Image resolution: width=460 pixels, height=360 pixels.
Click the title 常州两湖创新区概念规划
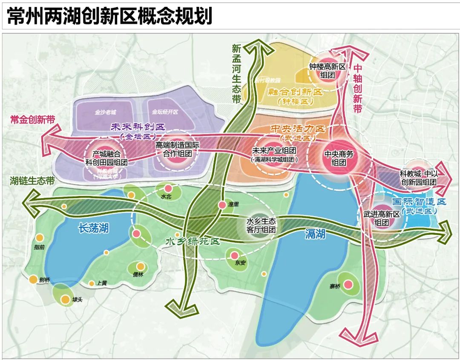pyautogui.click(x=109, y=16)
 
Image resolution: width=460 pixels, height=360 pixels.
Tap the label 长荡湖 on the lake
pyautogui.click(x=93, y=228)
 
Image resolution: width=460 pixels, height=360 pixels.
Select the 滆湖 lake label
pyautogui.click(x=315, y=233)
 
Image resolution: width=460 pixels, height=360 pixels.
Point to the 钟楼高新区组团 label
pyautogui.click(x=327, y=71)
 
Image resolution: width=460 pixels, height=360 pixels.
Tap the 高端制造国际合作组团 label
pyautogui.click(x=177, y=149)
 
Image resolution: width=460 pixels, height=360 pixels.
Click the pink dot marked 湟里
pyautogui.click(x=222, y=205)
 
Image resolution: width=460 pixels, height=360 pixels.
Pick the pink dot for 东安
pyautogui.click(x=234, y=256)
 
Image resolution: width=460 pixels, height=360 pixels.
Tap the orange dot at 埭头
pyautogui.click(x=65, y=300)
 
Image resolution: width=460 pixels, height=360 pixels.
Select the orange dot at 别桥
pyautogui.click(x=33, y=279)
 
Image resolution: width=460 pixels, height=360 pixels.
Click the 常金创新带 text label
pyautogui.click(x=32, y=120)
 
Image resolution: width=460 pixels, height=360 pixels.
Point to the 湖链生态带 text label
pyautogui.click(x=32, y=181)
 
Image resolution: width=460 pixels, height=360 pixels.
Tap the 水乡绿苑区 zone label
pyautogui.click(x=193, y=242)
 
